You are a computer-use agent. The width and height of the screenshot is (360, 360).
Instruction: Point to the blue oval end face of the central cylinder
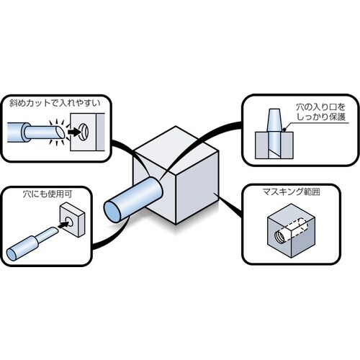(114, 210)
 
